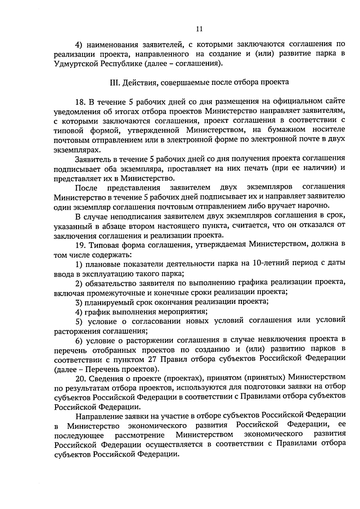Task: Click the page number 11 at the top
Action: [199, 29]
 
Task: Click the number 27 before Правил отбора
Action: [153, 359]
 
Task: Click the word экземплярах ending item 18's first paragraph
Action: [76, 149]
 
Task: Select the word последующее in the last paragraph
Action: [79, 435]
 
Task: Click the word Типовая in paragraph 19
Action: [101, 245]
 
